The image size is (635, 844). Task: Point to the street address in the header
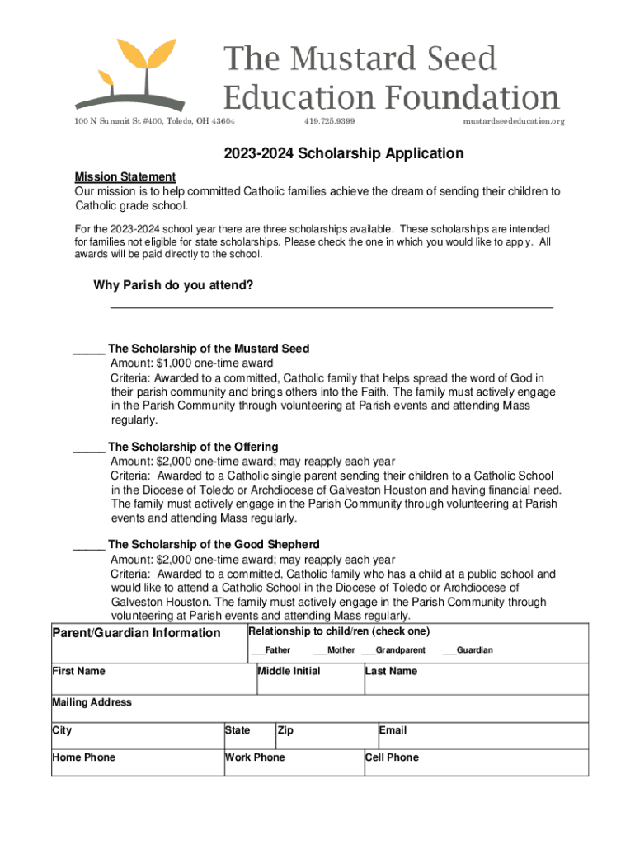[x=155, y=121]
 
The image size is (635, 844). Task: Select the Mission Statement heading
[x=125, y=176]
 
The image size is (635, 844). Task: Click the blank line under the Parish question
[x=332, y=306]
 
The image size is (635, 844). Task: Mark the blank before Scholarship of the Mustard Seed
[x=88, y=349]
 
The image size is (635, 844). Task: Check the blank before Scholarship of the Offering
[x=88, y=447]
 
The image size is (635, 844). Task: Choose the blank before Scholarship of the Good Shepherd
[x=88, y=545]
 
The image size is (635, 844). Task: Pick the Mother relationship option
[x=334, y=650]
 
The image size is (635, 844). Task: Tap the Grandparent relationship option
[x=393, y=650]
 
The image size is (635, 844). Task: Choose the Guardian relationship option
[x=468, y=650]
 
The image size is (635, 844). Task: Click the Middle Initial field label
[x=289, y=671]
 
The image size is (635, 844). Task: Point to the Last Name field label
[x=391, y=671]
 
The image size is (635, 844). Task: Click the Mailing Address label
[x=92, y=702]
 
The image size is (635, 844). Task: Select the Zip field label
[x=285, y=730]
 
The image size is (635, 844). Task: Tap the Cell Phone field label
[x=392, y=757]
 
